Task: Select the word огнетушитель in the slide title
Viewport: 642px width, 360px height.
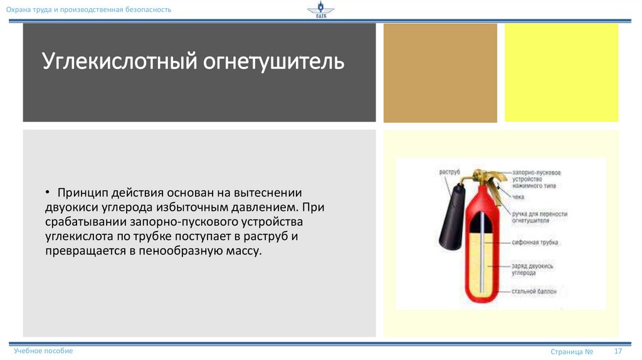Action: pos(273,63)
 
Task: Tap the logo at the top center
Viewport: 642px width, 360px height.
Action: pos(320,11)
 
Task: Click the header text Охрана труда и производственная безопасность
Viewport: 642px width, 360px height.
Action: pos(88,10)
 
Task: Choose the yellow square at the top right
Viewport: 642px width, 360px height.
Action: pos(561,72)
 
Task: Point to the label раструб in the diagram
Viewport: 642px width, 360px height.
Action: pos(450,171)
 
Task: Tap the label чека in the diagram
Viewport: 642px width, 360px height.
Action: pos(518,197)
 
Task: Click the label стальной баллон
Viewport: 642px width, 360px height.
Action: pos(534,292)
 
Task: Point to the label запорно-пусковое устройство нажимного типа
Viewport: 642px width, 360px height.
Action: pos(535,179)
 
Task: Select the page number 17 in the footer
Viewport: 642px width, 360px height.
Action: pos(618,351)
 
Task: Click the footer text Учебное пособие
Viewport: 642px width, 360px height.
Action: pos(43,351)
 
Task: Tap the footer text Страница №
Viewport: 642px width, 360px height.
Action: pos(572,352)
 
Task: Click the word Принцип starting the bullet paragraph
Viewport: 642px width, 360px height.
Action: pos(80,193)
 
